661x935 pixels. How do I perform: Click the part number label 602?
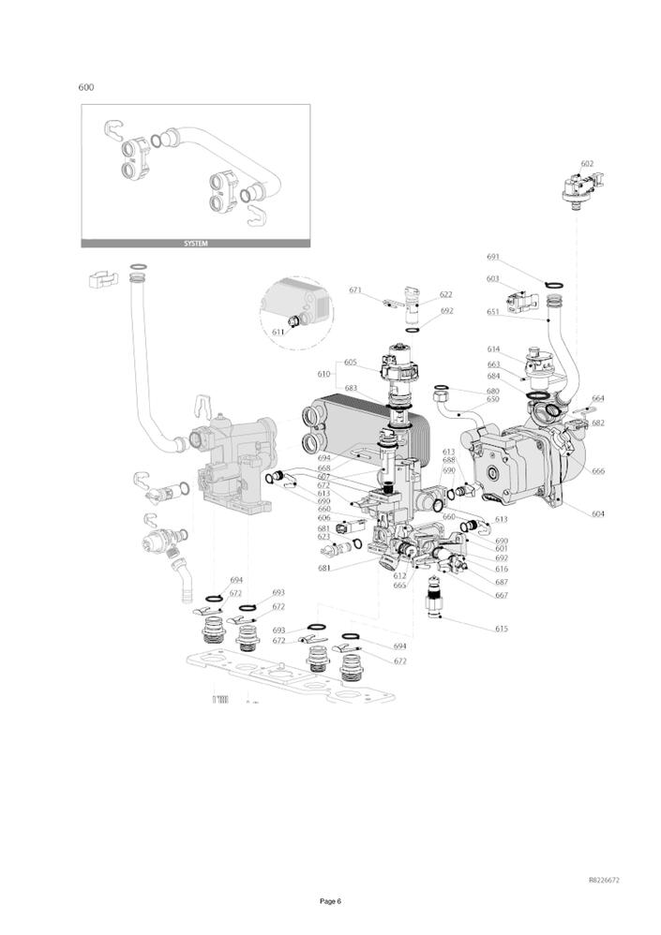587,164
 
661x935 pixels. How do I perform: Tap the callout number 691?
493,257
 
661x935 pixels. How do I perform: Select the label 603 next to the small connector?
493,278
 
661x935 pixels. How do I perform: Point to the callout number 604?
598,513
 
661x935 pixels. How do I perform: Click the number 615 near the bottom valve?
502,629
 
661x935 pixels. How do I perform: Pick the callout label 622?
445,294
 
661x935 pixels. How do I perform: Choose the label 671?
355,290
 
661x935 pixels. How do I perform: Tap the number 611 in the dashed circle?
278,332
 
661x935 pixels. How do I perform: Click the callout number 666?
598,471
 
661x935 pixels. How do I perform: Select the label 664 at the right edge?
598,398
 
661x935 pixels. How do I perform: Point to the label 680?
492,391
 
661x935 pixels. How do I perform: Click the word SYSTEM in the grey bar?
195,244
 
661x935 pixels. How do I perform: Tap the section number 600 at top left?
86,87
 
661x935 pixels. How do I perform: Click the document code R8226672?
604,881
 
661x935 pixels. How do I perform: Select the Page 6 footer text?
330,901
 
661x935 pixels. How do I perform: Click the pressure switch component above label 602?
579,189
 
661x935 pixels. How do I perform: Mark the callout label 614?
493,349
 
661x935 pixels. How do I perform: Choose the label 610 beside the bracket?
323,373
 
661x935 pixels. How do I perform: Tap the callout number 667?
502,595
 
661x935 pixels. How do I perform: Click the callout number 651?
493,312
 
